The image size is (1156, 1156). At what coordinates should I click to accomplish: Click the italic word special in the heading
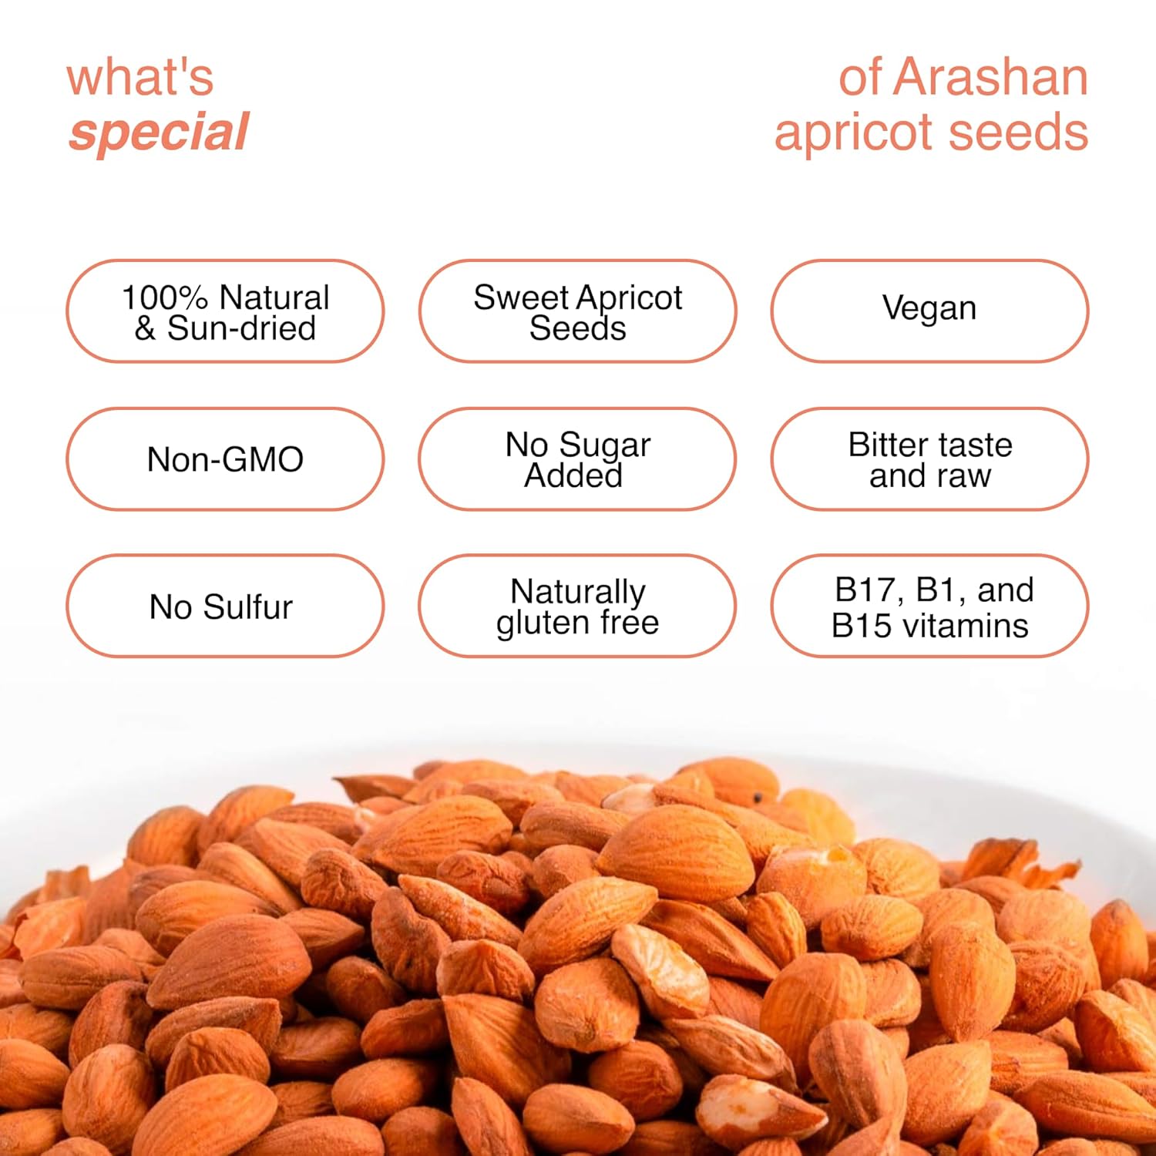[x=159, y=133]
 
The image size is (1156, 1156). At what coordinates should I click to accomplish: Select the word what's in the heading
[x=139, y=78]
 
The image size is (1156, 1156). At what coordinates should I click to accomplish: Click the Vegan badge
[x=929, y=310]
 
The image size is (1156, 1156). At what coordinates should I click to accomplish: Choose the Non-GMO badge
[x=225, y=459]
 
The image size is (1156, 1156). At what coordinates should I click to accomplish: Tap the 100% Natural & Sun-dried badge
[x=225, y=311]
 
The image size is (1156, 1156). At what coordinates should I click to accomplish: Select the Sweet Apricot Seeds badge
[x=577, y=311]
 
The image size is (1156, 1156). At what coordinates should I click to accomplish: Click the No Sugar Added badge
[x=577, y=459]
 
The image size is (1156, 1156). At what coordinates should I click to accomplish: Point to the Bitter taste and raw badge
[x=929, y=459]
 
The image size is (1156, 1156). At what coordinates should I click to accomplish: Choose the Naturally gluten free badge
[x=577, y=607]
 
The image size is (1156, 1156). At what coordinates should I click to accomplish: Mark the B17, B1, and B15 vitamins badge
[x=929, y=607]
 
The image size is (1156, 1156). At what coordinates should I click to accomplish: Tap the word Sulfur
[x=247, y=607]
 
